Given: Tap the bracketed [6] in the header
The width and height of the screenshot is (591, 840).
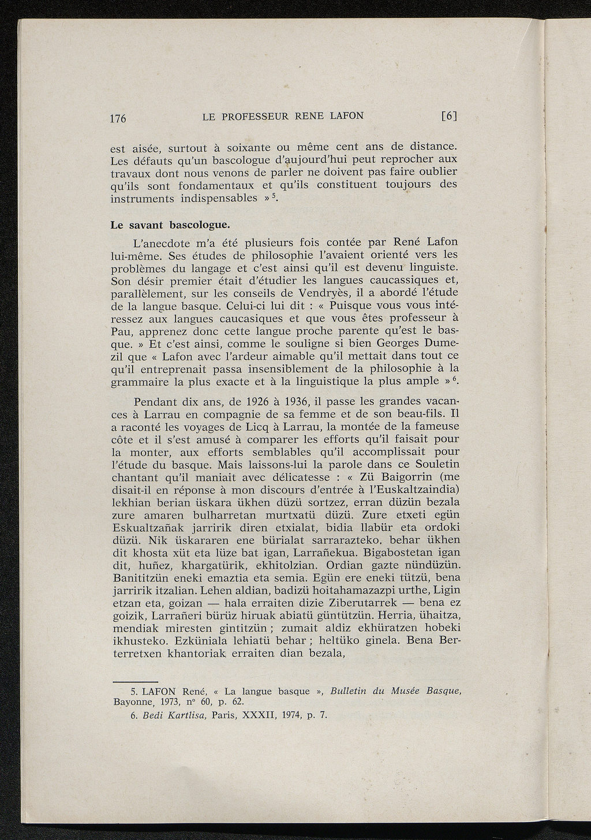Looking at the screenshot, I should [449, 116].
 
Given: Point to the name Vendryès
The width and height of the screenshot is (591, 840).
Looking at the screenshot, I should [317, 293].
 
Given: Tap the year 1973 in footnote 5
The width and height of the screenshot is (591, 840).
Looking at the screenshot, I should [172, 703].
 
